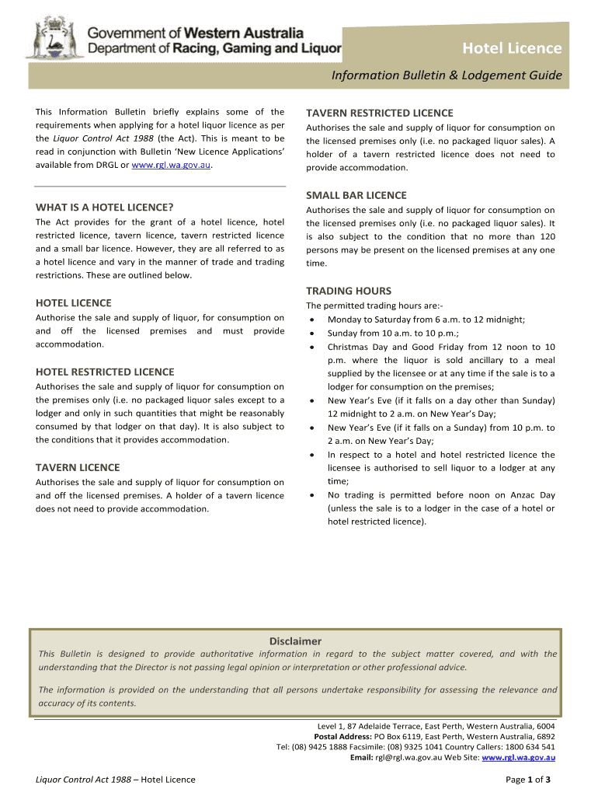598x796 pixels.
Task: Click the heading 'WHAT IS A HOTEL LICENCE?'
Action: coord(104,208)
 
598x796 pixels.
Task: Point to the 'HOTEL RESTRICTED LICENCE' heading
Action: coord(105,372)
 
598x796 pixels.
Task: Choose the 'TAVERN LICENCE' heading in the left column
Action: coord(78,467)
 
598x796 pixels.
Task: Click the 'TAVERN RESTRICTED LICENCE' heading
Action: coord(380,113)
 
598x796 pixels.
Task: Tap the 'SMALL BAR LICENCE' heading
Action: coord(356,195)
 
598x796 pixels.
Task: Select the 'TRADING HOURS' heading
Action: coord(349,291)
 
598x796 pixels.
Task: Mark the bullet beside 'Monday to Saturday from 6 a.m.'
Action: coord(311,319)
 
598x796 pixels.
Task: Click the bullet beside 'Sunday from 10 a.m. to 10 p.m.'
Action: coord(311,333)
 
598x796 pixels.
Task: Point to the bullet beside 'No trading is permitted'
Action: coord(311,494)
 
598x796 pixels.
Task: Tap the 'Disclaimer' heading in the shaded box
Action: coord(295,641)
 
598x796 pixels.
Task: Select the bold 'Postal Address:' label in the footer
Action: coord(342,736)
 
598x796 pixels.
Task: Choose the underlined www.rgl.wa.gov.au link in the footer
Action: coord(518,756)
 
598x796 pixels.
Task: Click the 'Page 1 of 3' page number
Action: coord(528,780)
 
